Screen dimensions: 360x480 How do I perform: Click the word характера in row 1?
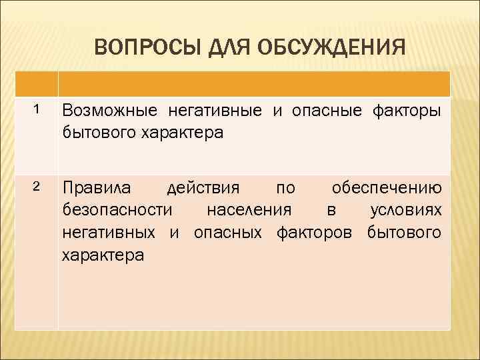181,132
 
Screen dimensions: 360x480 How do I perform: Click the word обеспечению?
387,186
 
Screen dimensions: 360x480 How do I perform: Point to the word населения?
249,211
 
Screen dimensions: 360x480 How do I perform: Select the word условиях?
405,211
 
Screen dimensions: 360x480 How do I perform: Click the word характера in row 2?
102,255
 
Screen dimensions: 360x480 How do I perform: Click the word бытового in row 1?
97,132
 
